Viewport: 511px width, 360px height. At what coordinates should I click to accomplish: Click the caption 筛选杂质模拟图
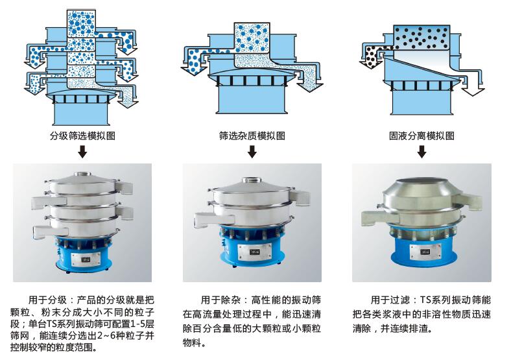252,136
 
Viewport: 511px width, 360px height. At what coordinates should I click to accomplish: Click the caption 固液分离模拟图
422,136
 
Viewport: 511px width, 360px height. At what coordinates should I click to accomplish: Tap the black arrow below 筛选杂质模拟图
252,152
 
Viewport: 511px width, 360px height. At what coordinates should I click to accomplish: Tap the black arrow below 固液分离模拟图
422,152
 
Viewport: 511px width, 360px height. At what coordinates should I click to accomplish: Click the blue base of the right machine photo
422,255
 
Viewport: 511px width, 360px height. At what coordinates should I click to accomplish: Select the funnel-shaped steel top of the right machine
422,195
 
